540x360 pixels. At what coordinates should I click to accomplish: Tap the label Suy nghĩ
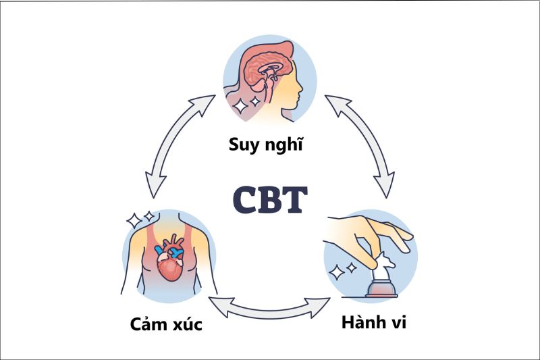coord(269,145)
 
